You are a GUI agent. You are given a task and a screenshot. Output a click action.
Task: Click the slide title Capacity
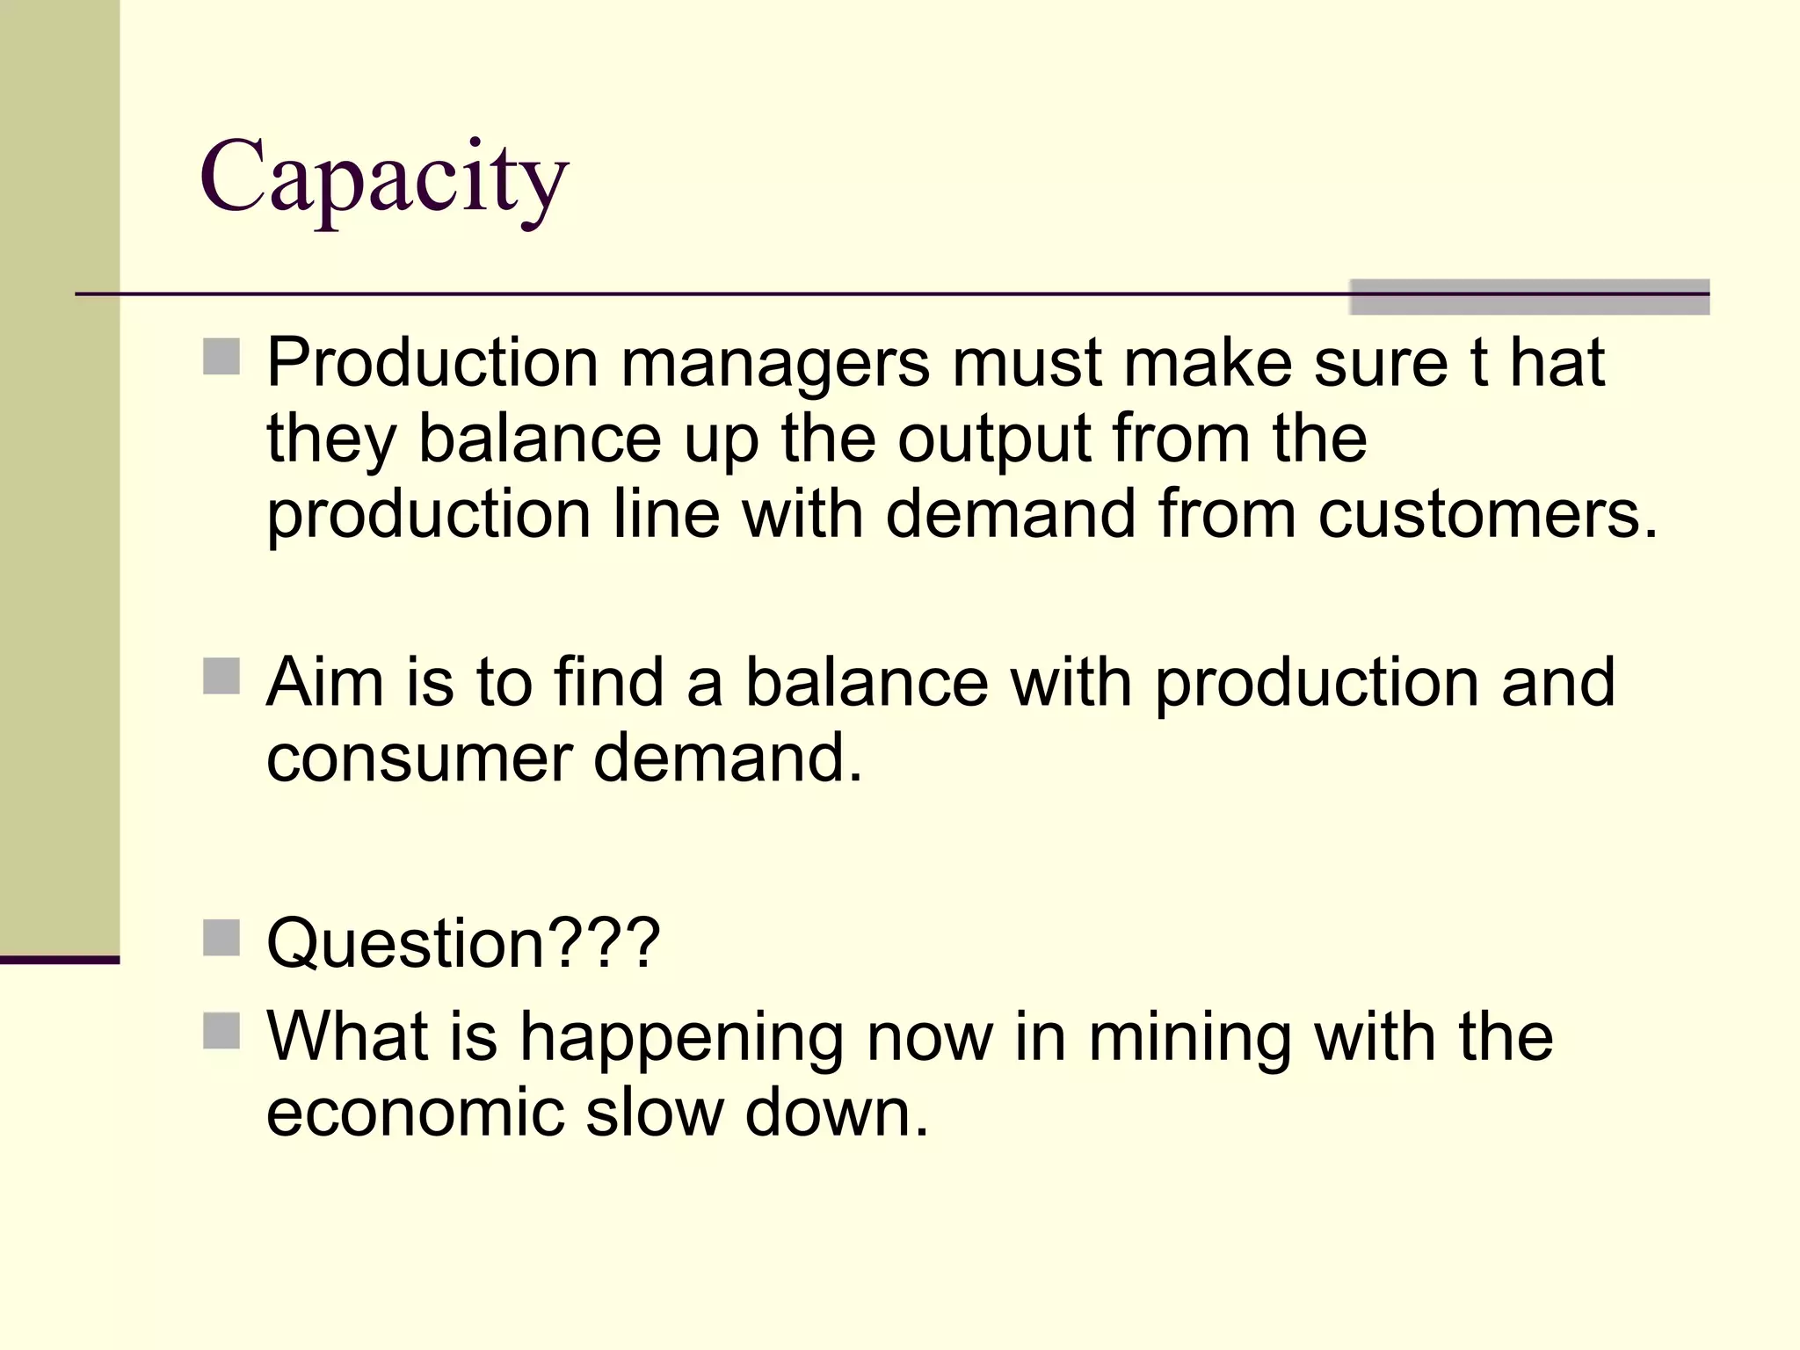click(x=384, y=178)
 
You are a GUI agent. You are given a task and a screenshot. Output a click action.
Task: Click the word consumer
click(x=418, y=758)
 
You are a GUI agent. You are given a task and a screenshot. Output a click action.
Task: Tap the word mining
click(x=1189, y=1038)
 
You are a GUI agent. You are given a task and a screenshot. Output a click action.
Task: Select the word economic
click(x=415, y=1113)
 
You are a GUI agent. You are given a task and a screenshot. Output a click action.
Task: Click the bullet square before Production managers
click(x=221, y=358)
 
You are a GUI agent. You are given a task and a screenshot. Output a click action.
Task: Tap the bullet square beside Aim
click(x=221, y=677)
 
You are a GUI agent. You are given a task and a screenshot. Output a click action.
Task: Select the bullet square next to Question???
click(x=221, y=938)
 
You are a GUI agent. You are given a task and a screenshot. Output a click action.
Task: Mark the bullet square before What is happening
click(x=221, y=1032)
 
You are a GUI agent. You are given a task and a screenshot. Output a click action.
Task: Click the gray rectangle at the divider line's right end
click(x=1529, y=297)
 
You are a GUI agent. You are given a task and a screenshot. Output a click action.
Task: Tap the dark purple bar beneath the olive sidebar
click(x=60, y=960)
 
